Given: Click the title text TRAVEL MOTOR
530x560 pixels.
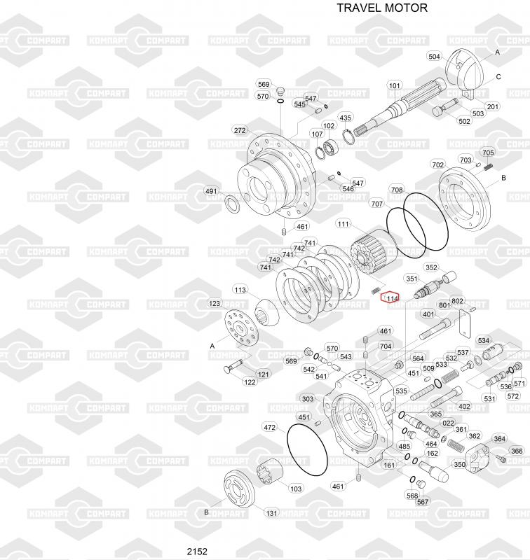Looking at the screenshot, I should [x=381, y=8].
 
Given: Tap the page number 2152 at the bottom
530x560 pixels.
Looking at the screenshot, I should [x=197, y=551].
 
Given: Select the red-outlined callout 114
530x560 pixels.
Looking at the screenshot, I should [x=391, y=298].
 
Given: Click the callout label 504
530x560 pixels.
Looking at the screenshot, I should [x=434, y=56].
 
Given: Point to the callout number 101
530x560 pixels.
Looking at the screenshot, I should [x=395, y=86].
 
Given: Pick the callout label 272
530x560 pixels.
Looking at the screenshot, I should [x=240, y=130].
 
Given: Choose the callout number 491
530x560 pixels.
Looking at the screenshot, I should [x=211, y=191].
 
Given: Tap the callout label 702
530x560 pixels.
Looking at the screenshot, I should [x=437, y=165].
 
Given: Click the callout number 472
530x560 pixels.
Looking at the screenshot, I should [x=270, y=426].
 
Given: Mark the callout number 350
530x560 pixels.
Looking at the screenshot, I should [x=459, y=464].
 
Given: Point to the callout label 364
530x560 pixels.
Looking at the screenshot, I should [x=499, y=439].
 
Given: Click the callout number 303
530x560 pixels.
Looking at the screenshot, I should [x=308, y=399].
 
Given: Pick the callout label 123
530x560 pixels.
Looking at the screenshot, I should [x=215, y=303].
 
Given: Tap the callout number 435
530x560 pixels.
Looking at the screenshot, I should [x=346, y=117].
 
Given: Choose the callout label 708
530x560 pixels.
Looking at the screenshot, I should [x=397, y=190].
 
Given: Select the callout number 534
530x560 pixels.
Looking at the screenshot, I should [x=484, y=341].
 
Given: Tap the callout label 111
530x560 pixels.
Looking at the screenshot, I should [x=343, y=224].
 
